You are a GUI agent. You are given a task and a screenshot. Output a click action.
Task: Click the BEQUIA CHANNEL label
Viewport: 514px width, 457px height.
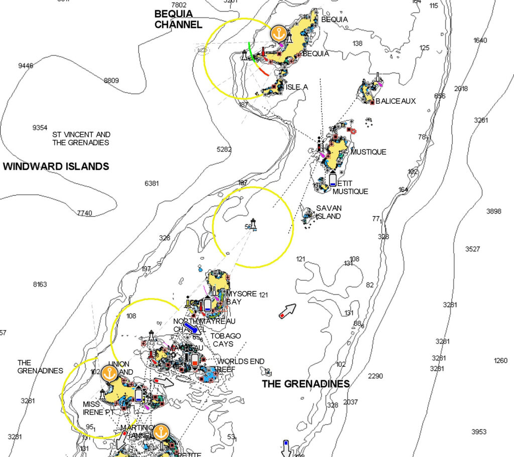(178, 19)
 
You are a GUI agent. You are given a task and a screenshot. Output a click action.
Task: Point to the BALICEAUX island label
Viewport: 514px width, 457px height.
(396, 101)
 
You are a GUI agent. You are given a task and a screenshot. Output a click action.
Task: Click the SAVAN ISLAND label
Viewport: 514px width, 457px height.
(328, 212)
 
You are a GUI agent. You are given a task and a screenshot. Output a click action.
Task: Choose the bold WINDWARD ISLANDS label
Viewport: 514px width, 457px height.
(56, 167)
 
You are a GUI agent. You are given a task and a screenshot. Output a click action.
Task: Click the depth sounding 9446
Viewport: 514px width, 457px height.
(26, 66)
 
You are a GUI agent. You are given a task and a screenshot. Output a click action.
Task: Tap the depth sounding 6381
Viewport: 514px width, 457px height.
(152, 184)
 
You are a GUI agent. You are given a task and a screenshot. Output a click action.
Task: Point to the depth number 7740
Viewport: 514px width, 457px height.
(85, 213)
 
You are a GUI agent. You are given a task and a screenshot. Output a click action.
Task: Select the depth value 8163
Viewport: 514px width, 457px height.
(40, 284)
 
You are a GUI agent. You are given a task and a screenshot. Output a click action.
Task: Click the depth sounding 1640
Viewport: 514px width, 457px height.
(480, 40)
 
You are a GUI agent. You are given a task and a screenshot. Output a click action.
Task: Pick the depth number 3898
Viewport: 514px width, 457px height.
(493, 211)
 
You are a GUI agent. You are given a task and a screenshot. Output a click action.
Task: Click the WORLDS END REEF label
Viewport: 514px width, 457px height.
(240, 365)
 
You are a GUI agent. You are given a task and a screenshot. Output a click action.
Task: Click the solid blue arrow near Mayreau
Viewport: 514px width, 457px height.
(191, 328)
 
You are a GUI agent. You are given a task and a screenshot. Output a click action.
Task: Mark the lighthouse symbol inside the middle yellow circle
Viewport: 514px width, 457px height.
(253, 224)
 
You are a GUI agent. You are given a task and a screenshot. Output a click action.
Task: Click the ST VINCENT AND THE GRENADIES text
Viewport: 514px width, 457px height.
(81, 138)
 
